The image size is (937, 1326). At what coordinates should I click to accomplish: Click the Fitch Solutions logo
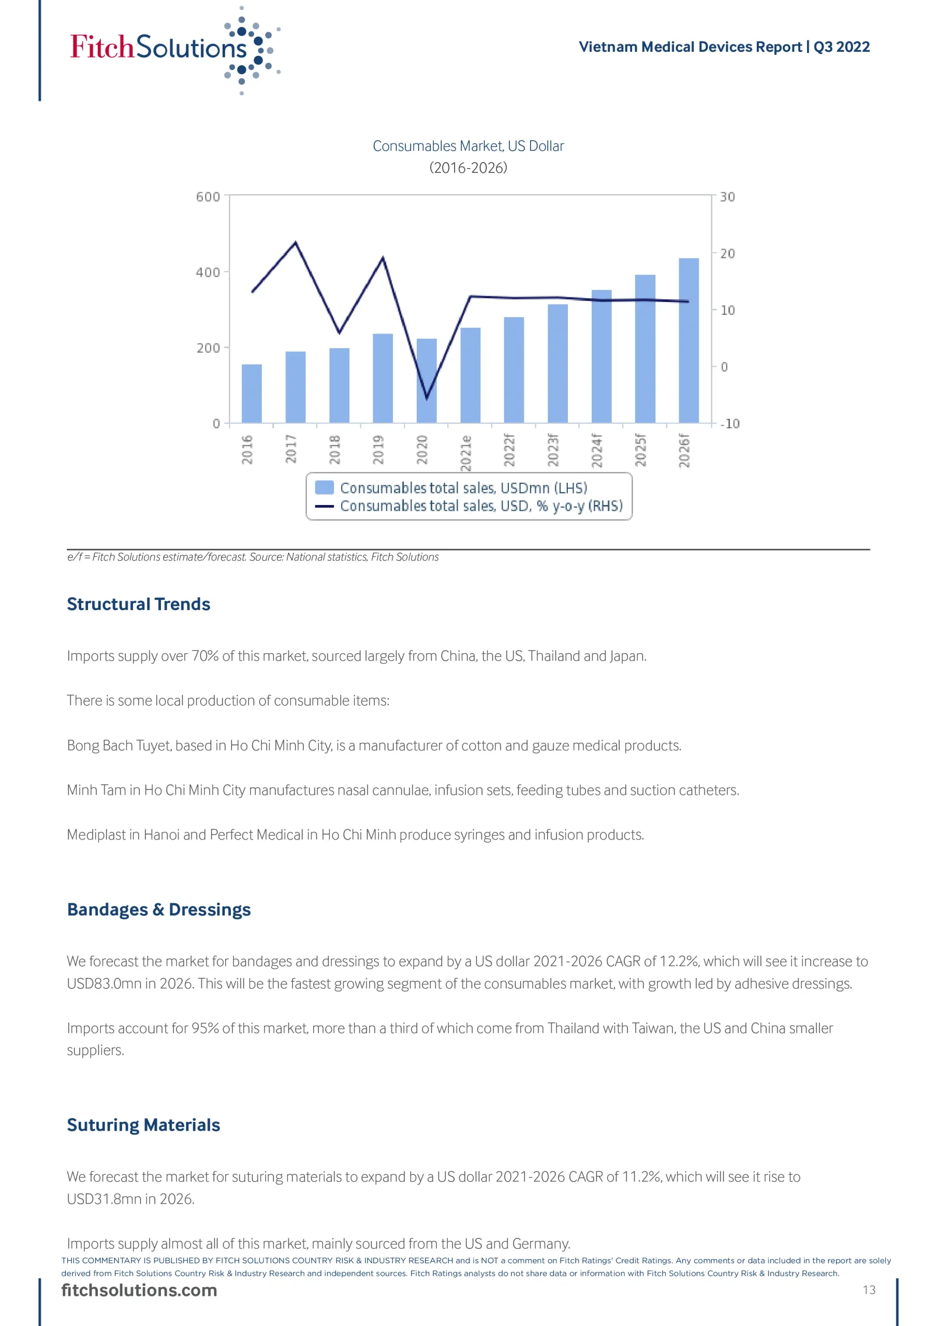173,49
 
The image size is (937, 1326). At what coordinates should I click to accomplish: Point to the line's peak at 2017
296,242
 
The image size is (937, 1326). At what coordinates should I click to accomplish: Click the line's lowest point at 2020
427,398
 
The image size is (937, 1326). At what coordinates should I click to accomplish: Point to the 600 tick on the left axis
208,197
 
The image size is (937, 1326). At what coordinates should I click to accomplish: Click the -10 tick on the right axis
730,424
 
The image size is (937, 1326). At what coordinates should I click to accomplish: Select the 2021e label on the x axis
466,452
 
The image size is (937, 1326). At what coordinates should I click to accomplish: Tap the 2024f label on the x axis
597,451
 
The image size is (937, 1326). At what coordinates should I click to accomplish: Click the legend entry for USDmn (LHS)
463,488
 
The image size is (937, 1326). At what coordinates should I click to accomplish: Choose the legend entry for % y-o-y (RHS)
481,506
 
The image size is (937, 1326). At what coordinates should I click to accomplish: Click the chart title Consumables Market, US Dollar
467,146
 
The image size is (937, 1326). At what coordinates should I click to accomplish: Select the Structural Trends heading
139,604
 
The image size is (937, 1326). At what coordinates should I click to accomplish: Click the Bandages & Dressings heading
159,910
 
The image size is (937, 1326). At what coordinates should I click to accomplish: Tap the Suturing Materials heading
143,1125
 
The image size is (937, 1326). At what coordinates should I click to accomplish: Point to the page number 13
869,1290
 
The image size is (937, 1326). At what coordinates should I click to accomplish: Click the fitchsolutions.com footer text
139,1290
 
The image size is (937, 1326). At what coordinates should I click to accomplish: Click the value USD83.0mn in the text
104,984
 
